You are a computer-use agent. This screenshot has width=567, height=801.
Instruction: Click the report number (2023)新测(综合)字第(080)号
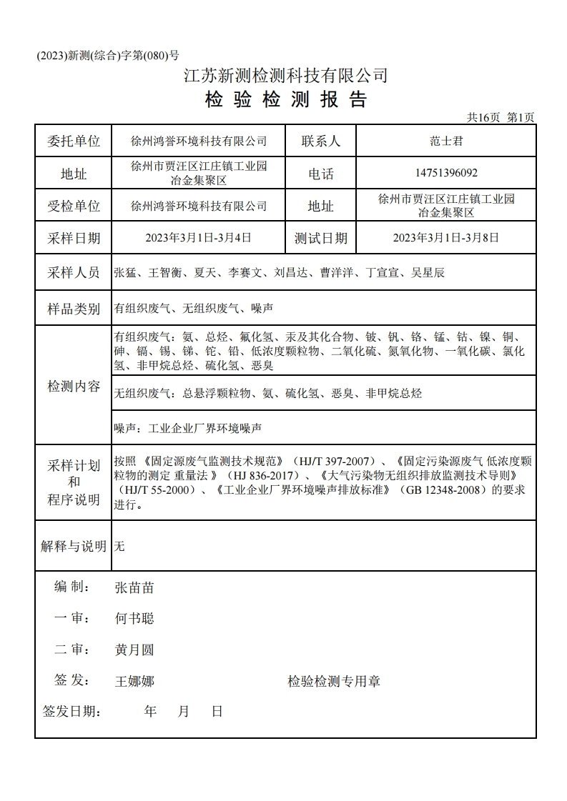107,56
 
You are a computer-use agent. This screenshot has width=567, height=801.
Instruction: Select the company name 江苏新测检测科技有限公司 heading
286,75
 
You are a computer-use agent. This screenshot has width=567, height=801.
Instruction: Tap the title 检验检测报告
286,99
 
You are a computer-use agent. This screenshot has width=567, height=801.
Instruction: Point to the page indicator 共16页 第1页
501,117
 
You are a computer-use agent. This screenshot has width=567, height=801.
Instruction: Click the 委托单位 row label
74,141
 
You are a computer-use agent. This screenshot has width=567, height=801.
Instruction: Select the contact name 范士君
446,141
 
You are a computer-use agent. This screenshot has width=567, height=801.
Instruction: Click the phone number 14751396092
446,173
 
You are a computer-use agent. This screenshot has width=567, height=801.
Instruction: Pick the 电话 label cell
320,174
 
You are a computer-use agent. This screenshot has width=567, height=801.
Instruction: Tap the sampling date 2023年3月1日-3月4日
198,238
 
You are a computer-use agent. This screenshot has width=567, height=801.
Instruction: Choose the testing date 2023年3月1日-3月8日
446,238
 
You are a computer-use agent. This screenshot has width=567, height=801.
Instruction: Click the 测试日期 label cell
320,238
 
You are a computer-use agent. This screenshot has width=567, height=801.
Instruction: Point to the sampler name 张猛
125,272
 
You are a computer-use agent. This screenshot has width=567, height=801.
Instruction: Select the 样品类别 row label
74,309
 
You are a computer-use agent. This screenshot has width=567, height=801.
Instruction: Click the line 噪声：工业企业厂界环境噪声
188,429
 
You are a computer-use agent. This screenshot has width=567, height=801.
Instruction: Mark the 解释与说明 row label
74,547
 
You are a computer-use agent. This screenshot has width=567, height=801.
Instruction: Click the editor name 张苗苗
134,587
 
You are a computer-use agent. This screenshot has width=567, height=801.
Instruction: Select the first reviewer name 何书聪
134,618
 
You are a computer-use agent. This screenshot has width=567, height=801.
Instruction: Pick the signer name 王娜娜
134,681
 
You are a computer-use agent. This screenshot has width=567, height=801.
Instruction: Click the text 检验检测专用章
334,681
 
